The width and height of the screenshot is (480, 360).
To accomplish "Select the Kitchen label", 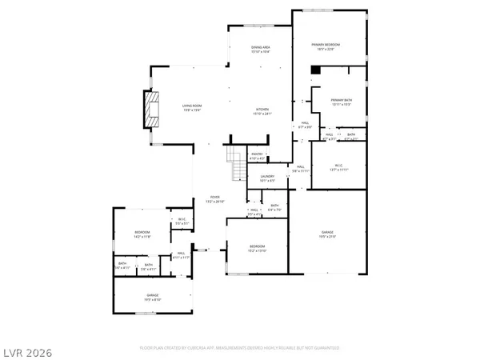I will (262, 111).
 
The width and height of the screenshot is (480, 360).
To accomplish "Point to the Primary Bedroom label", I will (329, 46).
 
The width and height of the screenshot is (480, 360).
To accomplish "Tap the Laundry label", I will (267, 178).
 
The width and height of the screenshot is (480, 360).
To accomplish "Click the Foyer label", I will (214, 199).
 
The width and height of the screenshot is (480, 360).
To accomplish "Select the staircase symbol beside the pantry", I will (236, 166).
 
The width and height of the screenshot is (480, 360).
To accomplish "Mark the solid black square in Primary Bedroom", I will (315, 70).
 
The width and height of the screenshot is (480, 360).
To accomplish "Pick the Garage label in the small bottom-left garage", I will (152, 298).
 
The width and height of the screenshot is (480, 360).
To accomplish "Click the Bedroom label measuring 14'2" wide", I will (142, 234).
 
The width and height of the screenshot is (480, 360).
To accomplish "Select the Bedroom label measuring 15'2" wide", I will (257, 248).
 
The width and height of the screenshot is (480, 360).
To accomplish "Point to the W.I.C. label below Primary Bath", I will (338, 167).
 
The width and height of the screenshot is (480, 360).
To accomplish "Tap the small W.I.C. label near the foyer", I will (181, 222).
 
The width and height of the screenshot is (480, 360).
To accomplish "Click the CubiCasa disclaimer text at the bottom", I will (239, 349).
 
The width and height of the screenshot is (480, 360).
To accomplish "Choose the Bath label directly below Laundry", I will (274, 207).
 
